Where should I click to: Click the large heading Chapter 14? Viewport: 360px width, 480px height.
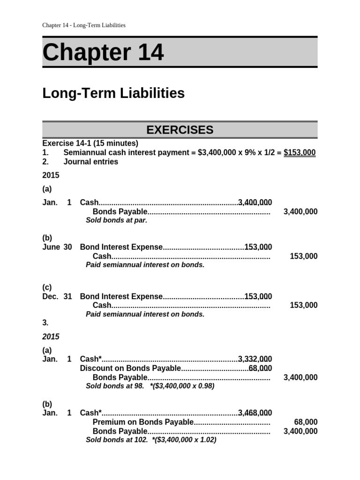click(103, 52)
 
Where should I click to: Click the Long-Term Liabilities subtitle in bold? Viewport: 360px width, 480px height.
click(113, 93)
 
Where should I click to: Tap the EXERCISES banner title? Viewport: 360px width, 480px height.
click(180, 130)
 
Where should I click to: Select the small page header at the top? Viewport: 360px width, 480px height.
click(84, 25)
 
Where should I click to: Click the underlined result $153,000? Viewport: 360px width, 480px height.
click(300, 153)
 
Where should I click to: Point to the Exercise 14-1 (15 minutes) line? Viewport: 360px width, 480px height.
click(90, 143)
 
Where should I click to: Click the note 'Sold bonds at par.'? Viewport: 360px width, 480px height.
click(116, 220)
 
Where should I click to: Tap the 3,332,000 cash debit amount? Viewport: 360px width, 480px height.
click(255, 359)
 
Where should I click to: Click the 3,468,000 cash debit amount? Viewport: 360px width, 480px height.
click(255, 413)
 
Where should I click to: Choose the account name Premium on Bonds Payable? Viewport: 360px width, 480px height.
click(143, 422)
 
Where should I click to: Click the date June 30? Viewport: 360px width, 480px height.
click(57, 247)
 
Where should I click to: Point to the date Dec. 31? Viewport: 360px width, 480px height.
click(57, 296)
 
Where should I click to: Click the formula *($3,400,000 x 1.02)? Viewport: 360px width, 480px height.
click(184, 440)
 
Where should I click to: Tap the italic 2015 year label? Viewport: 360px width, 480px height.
click(51, 337)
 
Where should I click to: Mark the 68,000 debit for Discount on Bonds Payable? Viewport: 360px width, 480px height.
click(260, 368)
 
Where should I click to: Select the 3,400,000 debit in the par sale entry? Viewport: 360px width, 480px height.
click(255, 202)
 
